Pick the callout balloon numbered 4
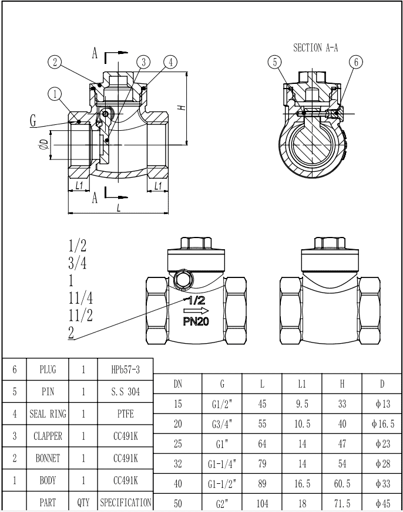[x=170, y=62]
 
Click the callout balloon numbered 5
[x=274, y=62]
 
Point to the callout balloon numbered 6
[x=356, y=62]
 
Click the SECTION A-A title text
[x=315, y=48]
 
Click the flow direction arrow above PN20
[x=196, y=310]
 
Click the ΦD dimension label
[x=42, y=145]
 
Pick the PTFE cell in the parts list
[x=125, y=413]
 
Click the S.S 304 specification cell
[x=125, y=391]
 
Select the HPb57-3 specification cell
[x=125, y=369]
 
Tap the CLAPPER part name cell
[x=48, y=436]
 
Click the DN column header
[x=178, y=384]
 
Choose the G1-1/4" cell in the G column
[x=223, y=463]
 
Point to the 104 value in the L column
[x=262, y=503]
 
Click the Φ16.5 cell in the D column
[x=382, y=424]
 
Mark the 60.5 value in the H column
[x=342, y=483]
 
